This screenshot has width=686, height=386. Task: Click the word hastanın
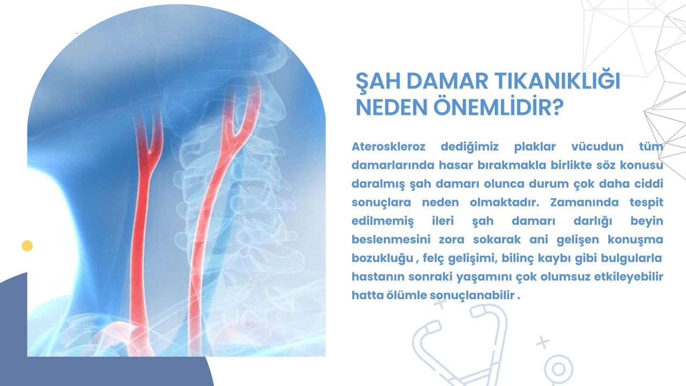(x=376, y=277)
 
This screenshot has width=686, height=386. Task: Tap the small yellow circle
(x=27, y=246)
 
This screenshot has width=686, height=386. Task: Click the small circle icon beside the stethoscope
(x=559, y=369)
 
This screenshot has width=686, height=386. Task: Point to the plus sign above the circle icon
(x=543, y=342)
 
